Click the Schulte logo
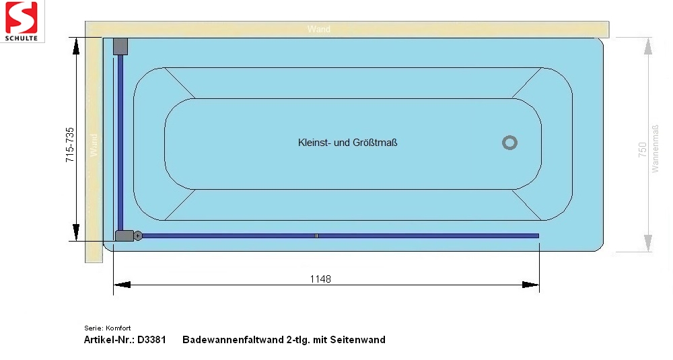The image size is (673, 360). (22, 21)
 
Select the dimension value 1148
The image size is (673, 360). (320, 279)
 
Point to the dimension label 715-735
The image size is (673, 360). (69, 145)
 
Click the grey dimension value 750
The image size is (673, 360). (642, 150)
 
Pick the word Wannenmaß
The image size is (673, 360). (655, 149)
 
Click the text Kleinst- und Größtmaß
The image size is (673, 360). (348, 143)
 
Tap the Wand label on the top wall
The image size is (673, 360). (319, 29)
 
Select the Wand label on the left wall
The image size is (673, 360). (94, 145)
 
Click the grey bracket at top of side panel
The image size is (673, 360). (120, 46)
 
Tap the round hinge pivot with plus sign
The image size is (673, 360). (138, 236)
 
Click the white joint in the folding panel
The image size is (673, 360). (316, 236)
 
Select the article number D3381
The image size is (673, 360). (151, 340)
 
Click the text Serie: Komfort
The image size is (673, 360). (107, 328)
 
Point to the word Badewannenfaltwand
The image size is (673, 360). (233, 340)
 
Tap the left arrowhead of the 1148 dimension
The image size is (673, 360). (122, 285)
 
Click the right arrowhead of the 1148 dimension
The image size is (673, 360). (530, 285)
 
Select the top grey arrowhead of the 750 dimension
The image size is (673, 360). (648, 46)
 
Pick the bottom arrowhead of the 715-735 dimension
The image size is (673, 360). (76, 232)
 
